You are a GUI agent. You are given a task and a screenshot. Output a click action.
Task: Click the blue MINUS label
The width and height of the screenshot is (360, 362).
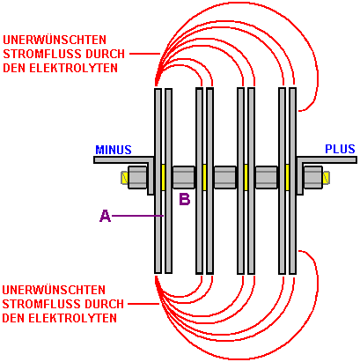[114, 150]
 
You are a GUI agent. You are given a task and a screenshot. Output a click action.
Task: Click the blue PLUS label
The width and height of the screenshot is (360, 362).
[340, 149]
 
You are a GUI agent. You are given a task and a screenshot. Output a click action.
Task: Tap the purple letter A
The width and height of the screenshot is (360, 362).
[106, 216]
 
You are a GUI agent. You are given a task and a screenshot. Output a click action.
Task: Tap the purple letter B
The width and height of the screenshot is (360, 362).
[185, 199]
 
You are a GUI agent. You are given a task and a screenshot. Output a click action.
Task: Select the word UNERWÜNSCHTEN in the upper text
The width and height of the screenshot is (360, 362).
[55, 40]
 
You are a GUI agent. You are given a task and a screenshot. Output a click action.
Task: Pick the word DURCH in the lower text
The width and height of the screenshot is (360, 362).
[105, 304]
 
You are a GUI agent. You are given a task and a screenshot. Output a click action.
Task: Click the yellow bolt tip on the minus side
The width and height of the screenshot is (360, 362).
[124, 178]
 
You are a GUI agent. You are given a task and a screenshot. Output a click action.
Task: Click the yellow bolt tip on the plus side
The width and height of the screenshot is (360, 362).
[326, 178]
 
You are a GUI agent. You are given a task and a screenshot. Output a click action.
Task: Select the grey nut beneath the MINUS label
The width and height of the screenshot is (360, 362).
[137, 177]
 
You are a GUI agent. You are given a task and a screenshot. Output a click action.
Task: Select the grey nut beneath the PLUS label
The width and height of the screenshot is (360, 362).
[313, 177]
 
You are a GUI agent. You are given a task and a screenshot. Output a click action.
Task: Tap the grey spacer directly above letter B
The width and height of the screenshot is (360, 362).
[183, 177]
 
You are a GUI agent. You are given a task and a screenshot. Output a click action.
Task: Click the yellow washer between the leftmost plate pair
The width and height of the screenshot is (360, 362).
[163, 177]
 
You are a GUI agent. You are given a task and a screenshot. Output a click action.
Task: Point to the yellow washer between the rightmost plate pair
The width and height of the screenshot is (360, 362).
[287, 177]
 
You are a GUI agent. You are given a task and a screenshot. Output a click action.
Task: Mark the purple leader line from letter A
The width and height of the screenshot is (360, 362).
[137, 216]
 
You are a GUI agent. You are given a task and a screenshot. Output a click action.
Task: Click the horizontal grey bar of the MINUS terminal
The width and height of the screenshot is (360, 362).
[123, 159]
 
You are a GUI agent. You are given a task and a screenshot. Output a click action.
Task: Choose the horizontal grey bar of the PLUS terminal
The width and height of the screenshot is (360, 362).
[327, 159]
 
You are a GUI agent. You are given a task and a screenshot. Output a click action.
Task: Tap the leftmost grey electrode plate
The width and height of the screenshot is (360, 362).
[158, 181]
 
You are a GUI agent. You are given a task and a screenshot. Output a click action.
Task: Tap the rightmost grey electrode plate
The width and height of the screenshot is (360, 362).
[292, 181]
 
